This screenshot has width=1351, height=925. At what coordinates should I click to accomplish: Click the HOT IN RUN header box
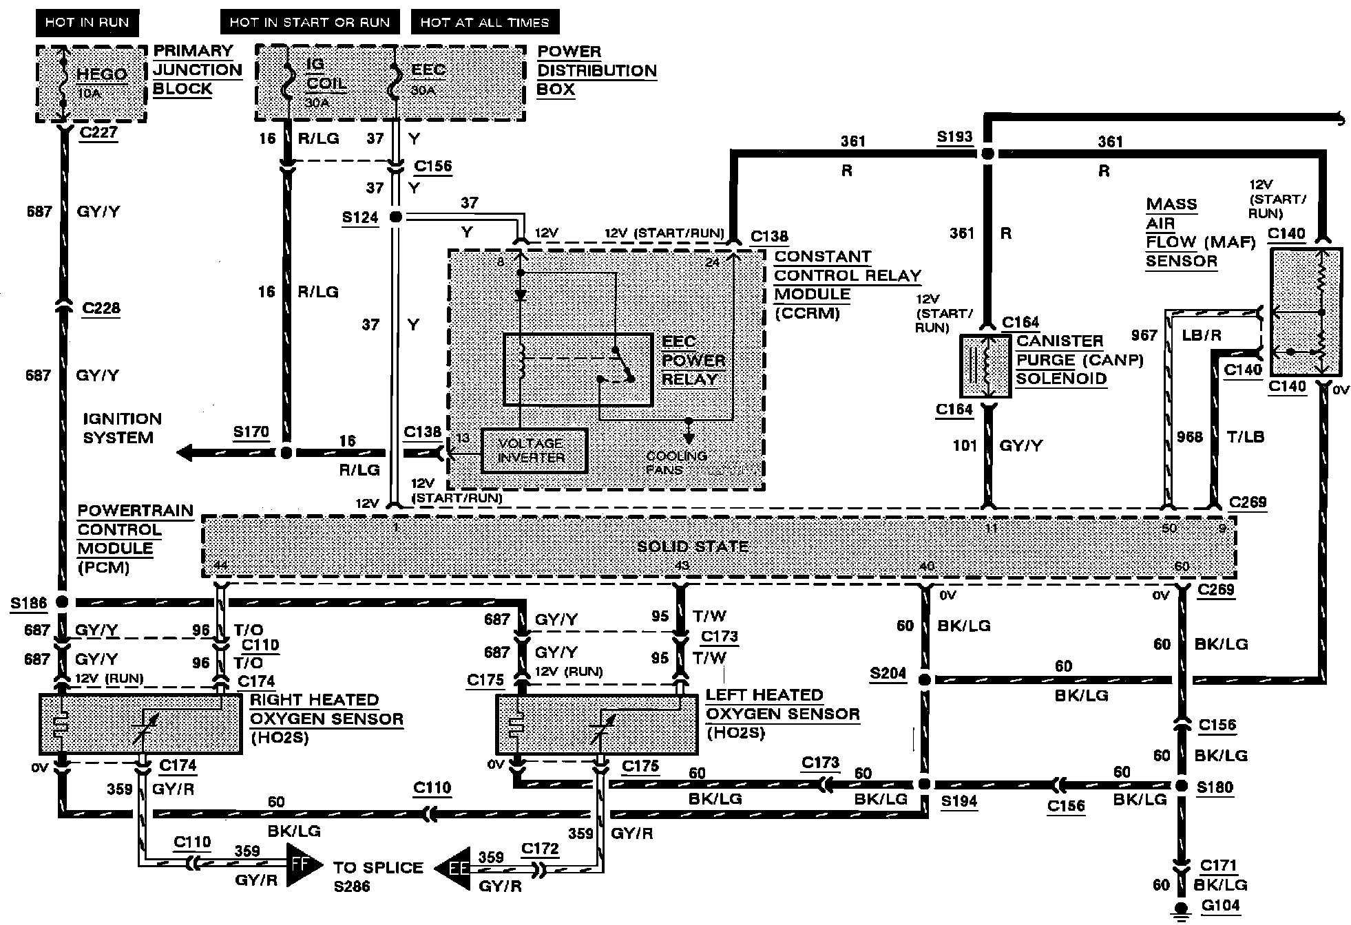click(x=87, y=23)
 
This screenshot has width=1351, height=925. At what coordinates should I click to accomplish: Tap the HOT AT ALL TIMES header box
click(x=485, y=23)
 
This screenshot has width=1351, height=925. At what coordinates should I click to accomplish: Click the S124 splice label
click(x=360, y=218)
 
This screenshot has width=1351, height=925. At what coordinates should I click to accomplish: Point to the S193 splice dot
click(x=987, y=154)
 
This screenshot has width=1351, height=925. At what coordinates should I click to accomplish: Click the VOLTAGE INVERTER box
click(x=534, y=451)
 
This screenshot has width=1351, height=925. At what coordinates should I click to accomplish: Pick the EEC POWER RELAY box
click(x=578, y=370)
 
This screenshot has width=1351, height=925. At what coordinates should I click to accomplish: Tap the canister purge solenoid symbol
click(x=985, y=366)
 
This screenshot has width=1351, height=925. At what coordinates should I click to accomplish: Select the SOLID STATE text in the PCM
click(x=692, y=547)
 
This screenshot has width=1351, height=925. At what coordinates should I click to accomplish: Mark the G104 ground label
click(x=1220, y=906)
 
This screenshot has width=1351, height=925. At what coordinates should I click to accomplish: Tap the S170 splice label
click(x=251, y=432)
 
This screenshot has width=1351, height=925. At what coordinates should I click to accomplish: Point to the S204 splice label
click(x=888, y=673)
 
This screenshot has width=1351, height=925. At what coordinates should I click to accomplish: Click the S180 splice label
click(x=1215, y=787)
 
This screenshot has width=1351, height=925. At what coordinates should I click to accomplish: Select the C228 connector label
click(x=101, y=308)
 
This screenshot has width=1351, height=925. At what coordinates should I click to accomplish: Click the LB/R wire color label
click(x=1202, y=335)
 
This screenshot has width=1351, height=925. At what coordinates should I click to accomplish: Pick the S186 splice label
click(x=29, y=604)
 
